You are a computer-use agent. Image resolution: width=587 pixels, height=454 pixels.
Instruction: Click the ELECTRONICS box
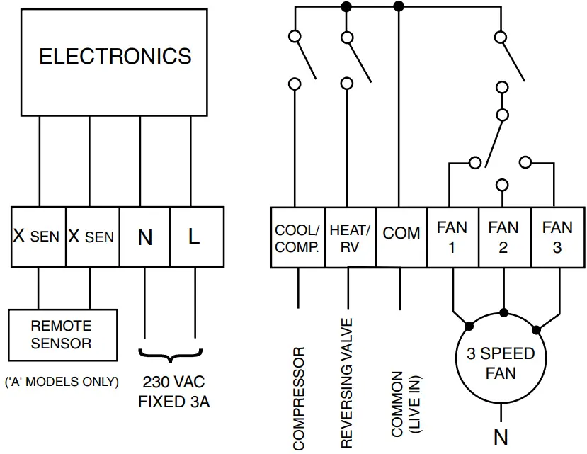(x=115, y=57)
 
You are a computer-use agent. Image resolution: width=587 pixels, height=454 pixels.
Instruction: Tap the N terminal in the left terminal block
(x=145, y=237)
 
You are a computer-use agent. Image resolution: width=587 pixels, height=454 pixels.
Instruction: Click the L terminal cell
(x=195, y=237)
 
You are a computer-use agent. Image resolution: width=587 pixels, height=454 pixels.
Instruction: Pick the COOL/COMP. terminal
(x=297, y=238)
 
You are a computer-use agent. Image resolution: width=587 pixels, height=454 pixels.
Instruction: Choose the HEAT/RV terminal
(x=349, y=238)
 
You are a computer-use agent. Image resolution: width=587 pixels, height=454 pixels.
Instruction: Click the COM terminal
(x=401, y=234)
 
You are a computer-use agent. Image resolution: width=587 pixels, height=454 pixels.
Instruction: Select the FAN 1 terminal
(x=452, y=237)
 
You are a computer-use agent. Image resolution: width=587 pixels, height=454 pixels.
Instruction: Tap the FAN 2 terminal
(x=503, y=237)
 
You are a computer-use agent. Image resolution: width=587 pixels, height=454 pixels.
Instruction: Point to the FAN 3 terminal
(x=557, y=237)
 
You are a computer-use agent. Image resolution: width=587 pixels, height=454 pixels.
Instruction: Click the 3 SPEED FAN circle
(x=501, y=363)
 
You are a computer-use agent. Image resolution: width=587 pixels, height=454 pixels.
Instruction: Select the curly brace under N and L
(x=171, y=353)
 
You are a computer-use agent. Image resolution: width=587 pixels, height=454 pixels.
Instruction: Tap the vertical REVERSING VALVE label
(x=347, y=383)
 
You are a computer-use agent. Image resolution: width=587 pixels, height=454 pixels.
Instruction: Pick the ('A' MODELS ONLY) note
(x=62, y=382)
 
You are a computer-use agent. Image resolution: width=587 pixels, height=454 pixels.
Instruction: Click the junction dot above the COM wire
(x=399, y=6)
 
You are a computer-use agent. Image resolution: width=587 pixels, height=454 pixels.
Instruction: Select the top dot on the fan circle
(x=503, y=312)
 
